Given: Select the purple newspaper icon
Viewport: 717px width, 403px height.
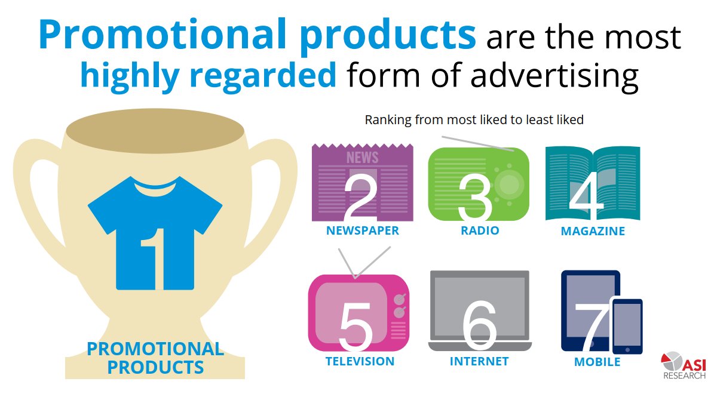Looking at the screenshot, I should pos(362,182).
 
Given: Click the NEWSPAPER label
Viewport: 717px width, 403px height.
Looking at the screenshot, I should pos(362,230).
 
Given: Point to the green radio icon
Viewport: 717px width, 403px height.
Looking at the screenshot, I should pos(479,184).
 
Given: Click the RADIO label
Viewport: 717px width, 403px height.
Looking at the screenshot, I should pos(480,230).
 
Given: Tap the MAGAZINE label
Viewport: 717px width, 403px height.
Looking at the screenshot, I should pos(593,231).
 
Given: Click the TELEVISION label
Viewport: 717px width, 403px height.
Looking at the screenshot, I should pos(360,361).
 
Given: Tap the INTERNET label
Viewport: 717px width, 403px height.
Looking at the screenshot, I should pos(479,361).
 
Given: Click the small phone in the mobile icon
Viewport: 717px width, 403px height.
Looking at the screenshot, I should pos(627,325).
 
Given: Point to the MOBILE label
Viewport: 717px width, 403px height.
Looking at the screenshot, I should pos(597,362).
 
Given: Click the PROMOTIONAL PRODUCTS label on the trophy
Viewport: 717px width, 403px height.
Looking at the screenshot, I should pos(155,357).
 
